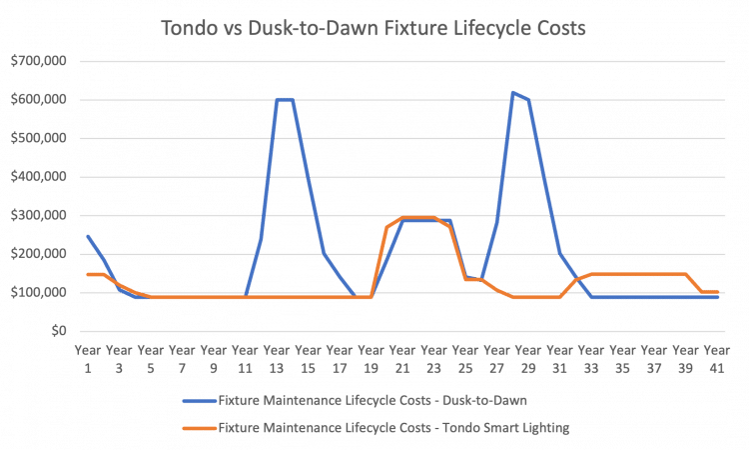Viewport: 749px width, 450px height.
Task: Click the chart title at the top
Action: (x=374, y=29)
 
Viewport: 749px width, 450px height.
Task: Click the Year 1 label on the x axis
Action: (x=88, y=358)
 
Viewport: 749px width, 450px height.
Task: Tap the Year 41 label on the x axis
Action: (x=718, y=358)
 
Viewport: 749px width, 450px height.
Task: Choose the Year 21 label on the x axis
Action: (x=403, y=358)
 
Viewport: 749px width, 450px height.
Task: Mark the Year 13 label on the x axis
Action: (x=277, y=358)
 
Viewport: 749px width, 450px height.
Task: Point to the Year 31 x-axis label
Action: (x=560, y=358)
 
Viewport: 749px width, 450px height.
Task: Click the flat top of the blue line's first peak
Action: (x=285, y=100)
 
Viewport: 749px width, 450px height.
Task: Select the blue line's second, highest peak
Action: (x=513, y=93)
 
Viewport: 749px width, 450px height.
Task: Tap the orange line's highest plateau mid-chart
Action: (x=418, y=217)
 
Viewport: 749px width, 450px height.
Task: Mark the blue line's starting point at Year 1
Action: (x=88, y=236)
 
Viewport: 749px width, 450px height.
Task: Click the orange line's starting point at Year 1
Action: (x=88, y=273)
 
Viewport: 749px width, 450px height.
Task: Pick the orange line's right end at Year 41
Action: (x=718, y=292)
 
